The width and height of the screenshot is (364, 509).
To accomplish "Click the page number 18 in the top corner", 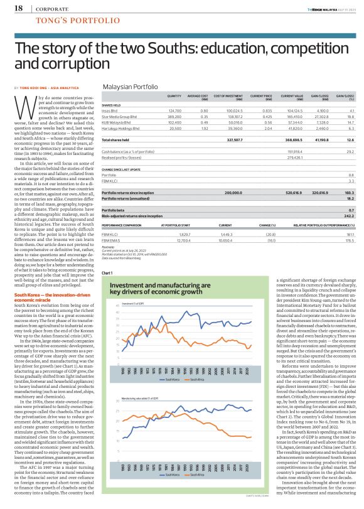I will (18, 8).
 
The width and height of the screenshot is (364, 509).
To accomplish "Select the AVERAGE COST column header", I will (200, 96).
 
